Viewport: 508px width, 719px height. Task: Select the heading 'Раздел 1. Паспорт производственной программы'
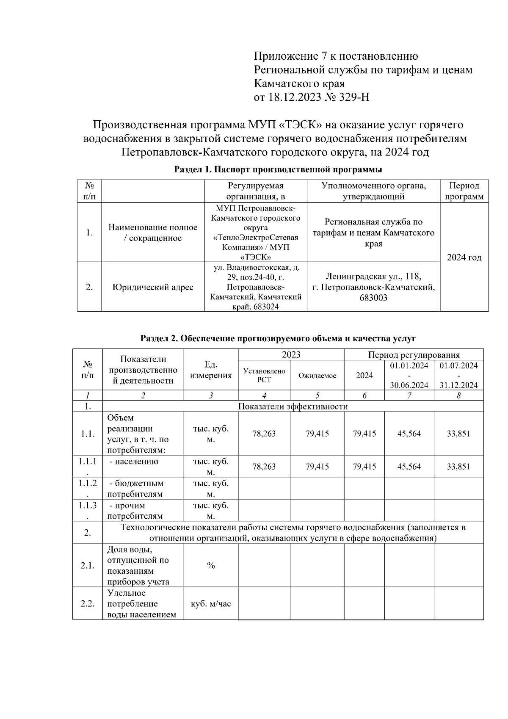(x=278, y=170)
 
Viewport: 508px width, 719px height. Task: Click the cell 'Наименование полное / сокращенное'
(x=153, y=232)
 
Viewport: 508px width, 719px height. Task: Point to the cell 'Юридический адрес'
(x=153, y=287)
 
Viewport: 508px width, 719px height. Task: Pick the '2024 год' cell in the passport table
(x=464, y=257)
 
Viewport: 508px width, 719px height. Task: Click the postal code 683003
(x=373, y=298)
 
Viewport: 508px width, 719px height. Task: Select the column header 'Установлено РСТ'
(x=264, y=375)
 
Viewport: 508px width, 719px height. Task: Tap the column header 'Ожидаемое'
(x=317, y=376)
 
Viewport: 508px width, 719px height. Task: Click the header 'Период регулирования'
(x=414, y=355)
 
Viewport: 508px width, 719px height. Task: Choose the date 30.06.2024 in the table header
(x=409, y=385)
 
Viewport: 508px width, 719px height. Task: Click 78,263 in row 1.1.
(x=264, y=434)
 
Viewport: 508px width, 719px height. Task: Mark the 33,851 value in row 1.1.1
(x=458, y=467)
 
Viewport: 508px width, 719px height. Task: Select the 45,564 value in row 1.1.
(x=409, y=434)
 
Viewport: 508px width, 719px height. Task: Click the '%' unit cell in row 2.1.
(x=211, y=566)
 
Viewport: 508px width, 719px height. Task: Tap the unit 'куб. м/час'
(x=211, y=604)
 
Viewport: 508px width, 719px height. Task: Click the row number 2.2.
(x=88, y=604)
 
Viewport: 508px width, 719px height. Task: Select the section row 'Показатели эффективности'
(x=293, y=407)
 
